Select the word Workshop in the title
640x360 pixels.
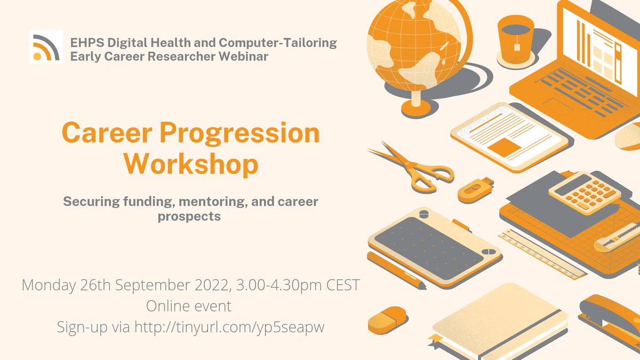pyautogui.click(x=191, y=165)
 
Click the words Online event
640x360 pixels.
pyautogui.click(x=189, y=307)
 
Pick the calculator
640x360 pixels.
pyautogui.click(x=585, y=192)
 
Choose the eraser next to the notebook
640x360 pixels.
pyautogui.click(x=388, y=319)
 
